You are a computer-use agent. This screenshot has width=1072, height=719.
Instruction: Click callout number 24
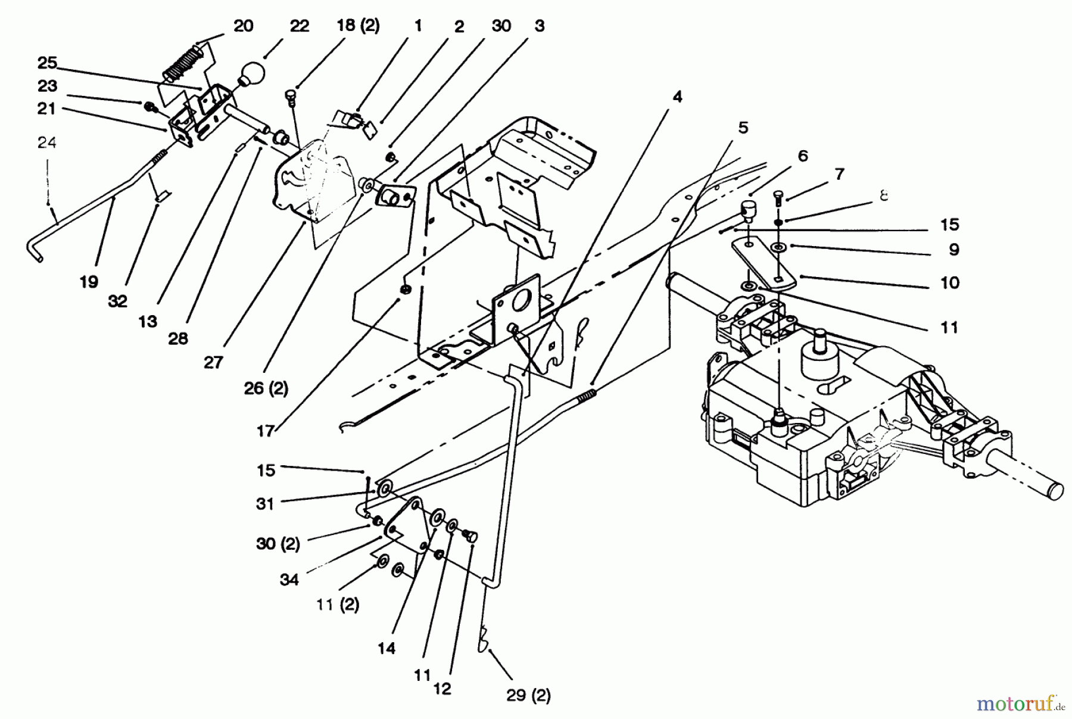[x=47, y=143]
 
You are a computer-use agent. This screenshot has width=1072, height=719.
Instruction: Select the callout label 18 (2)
[x=358, y=26]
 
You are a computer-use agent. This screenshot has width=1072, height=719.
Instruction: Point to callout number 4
[x=677, y=97]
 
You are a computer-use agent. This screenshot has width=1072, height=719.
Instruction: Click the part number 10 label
[x=950, y=282]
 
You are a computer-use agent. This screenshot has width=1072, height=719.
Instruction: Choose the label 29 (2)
[x=528, y=695]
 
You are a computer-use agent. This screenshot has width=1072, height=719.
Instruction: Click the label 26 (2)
[x=266, y=388]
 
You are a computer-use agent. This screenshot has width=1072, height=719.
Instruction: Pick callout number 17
[x=265, y=431]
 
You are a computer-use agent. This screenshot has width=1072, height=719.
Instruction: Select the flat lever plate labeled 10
[x=762, y=262]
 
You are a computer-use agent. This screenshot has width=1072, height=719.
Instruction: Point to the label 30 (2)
[x=278, y=544]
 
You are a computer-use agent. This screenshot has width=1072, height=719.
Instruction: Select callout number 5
[x=743, y=127]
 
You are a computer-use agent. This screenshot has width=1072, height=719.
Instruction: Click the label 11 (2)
[x=338, y=605]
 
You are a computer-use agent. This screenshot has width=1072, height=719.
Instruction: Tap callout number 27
[x=213, y=362]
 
